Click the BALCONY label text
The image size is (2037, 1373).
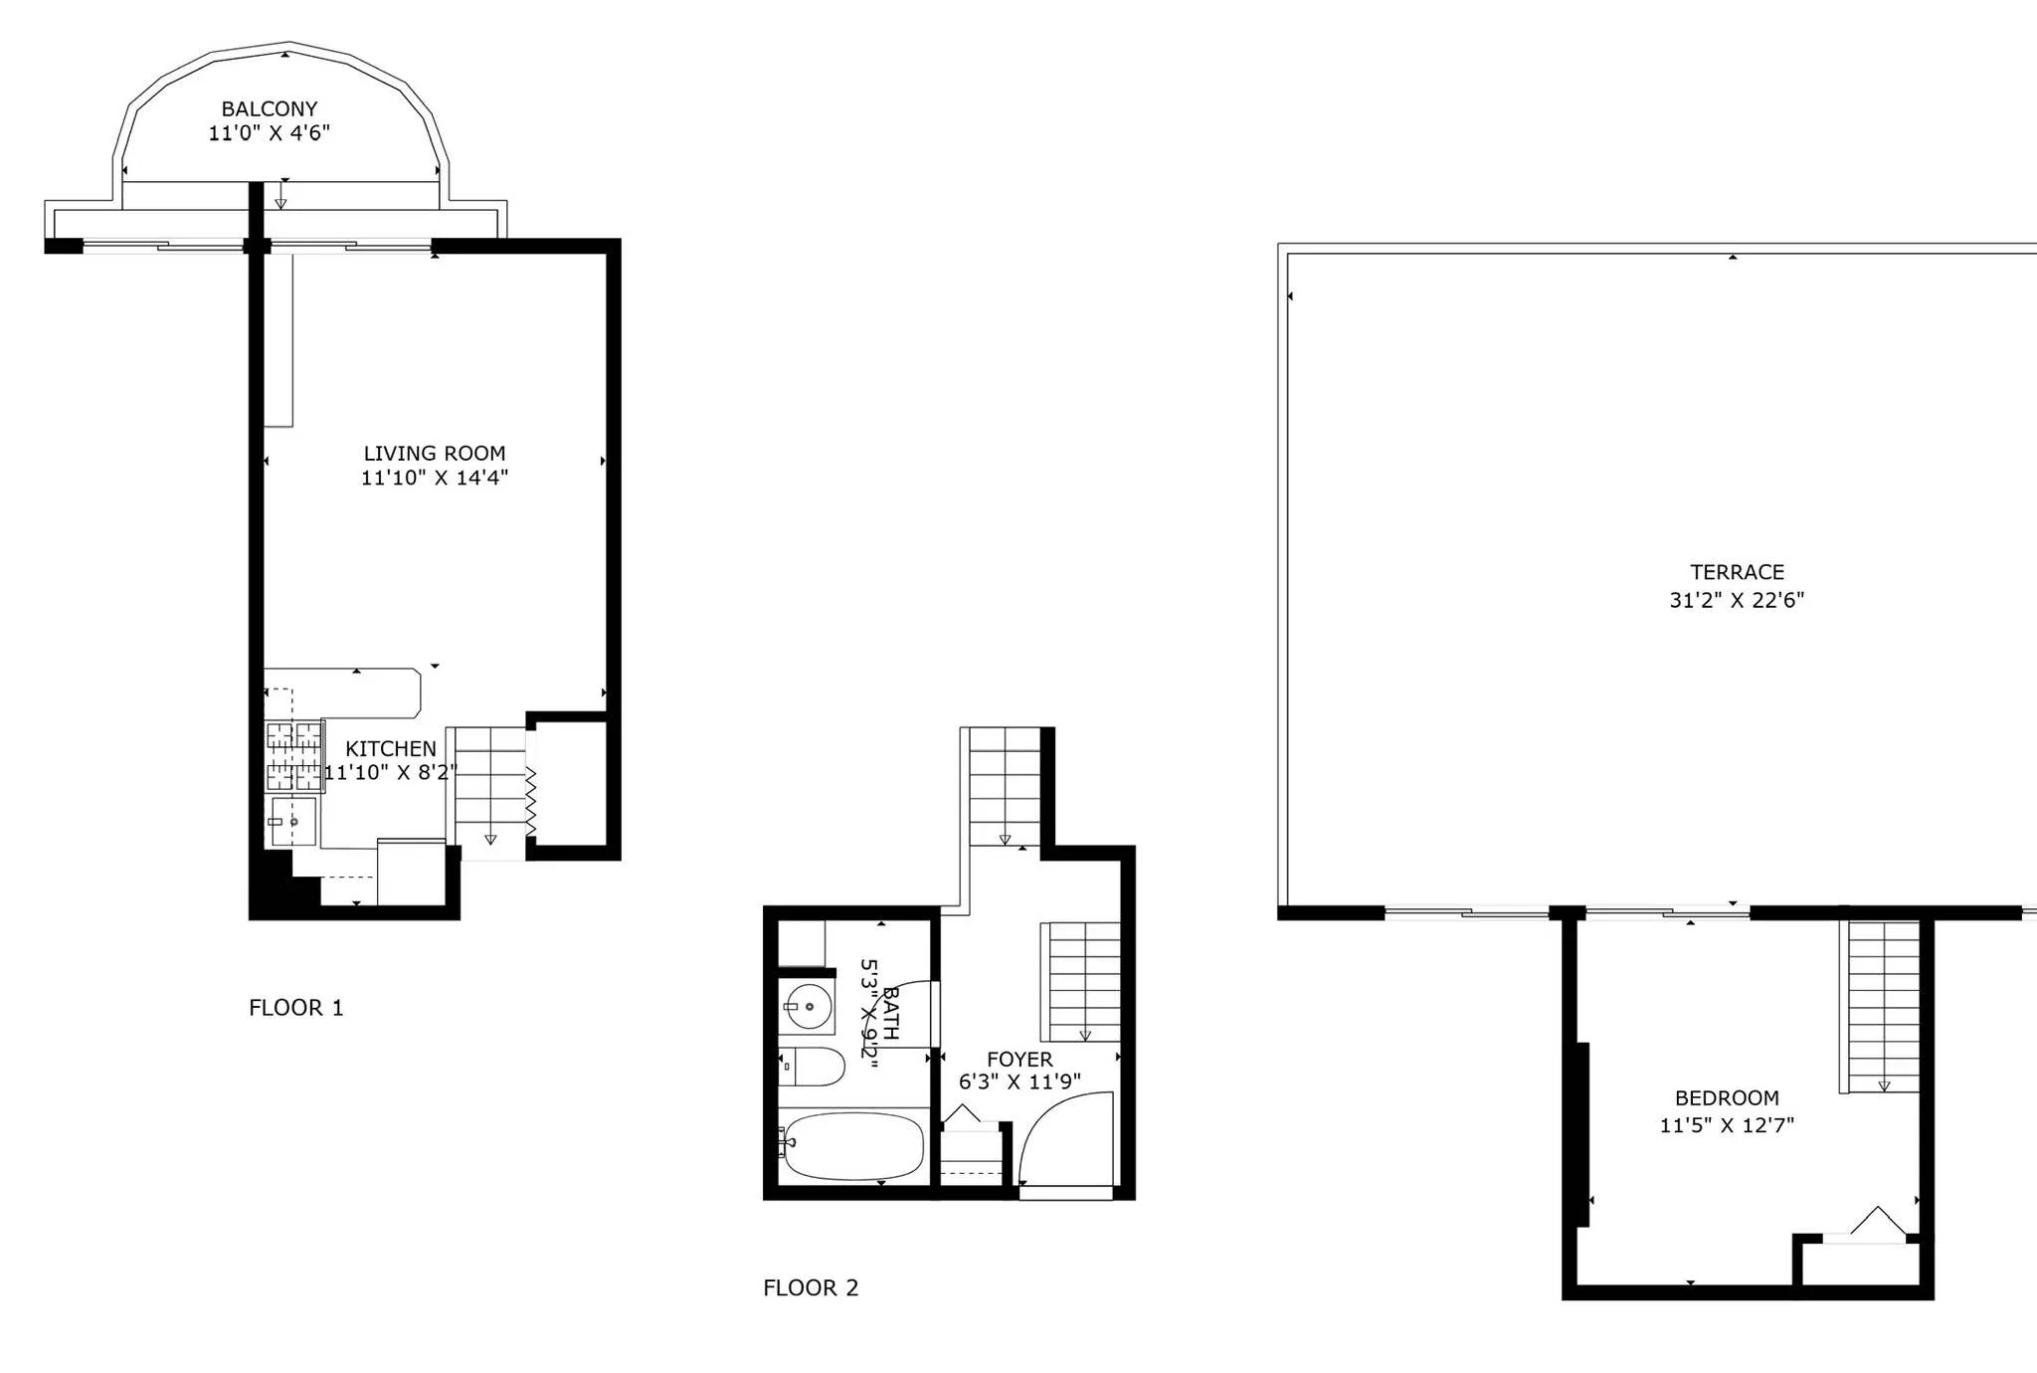[x=269, y=108]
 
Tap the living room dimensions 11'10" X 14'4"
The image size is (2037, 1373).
[x=434, y=478]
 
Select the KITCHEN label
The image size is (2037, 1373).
[x=390, y=748]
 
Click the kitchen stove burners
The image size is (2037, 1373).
[x=294, y=756]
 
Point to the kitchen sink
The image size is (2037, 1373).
[x=292, y=822]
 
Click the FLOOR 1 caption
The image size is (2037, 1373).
[x=295, y=1008]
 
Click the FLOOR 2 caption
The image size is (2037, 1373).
[x=810, y=1287]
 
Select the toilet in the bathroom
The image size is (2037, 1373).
[x=812, y=1067]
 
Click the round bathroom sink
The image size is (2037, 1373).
[x=808, y=1007]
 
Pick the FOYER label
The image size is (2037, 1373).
[x=1019, y=1060]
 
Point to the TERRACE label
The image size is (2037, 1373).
[x=1737, y=572]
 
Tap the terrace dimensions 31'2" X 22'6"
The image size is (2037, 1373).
[x=1737, y=600]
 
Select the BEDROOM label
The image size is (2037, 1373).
[x=1727, y=1098]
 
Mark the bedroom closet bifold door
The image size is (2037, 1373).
[x=1876, y=1224]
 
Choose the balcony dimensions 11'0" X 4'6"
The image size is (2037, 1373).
[x=269, y=133]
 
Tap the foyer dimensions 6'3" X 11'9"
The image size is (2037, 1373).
[x=1019, y=1082]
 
